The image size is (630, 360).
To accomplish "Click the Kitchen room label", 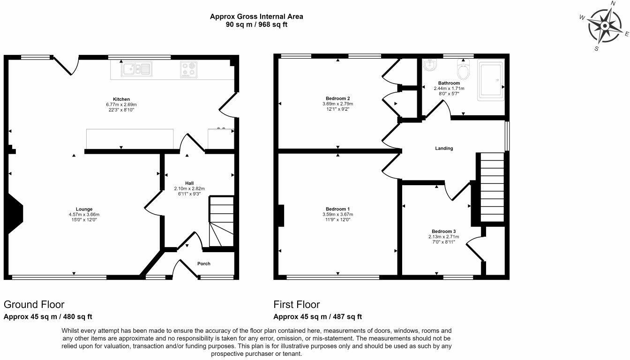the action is tap(121, 99).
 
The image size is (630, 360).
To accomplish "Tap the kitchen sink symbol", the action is tap(137, 69).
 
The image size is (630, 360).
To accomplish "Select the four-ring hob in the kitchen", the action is tap(188, 69).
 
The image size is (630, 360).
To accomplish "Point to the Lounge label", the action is tap(84, 209).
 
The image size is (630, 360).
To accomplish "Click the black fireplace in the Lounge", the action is tap(14, 213).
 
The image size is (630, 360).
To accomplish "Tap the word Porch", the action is tap(203, 264).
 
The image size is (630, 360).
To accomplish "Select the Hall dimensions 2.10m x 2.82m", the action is tap(189, 188).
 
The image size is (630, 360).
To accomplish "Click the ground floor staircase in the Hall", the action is tap(221, 221).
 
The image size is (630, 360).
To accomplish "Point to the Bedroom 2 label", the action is tap(338, 98).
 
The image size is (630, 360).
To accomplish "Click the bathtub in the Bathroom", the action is tap(491, 80).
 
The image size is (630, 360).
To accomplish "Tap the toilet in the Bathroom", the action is tap(463, 69).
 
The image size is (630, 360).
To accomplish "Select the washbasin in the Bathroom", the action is tap(430, 65).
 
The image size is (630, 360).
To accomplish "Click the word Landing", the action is tap(444, 149).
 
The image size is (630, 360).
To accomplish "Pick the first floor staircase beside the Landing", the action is tap(492, 187).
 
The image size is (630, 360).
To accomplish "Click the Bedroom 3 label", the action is tap(444, 232).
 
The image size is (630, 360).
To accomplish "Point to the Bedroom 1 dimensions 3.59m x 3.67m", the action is tap(338, 214).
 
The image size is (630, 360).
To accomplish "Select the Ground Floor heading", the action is tap(34, 305).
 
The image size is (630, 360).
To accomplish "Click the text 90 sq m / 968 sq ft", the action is tap(256, 24).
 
